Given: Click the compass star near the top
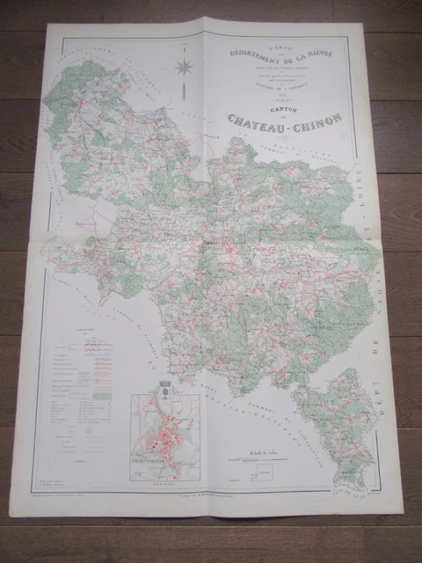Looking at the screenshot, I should click(x=184, y=65).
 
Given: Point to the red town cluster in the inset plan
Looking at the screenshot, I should click(x=164, y=432).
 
